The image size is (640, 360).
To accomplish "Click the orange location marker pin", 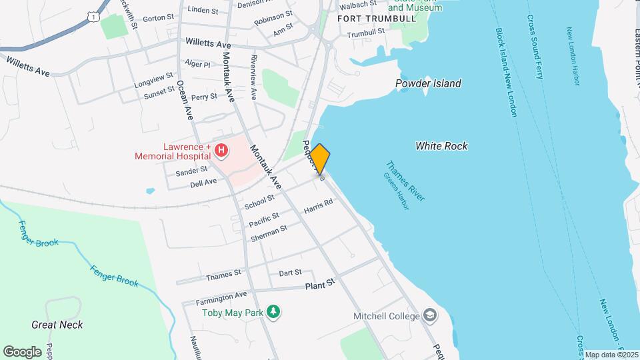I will (319, 159).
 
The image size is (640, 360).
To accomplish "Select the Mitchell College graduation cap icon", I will (430, 315).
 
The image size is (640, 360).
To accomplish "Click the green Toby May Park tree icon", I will (273, 311).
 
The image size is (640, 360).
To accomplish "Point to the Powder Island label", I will (428, 83).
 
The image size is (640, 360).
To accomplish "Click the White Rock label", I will (441, 146).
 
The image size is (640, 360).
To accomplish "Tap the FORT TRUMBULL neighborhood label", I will (369, 18).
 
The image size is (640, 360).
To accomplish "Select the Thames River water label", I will (405, 181).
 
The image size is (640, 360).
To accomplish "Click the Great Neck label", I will (57, 325).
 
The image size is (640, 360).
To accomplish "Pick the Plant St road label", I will (319, 285).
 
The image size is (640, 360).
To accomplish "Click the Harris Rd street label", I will (318, 209).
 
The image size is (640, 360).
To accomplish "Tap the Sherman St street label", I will (269, 233).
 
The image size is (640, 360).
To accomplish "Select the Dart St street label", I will (290, 273).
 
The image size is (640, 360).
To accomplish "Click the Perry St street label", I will (204, 97).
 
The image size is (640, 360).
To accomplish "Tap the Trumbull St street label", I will (366, 32).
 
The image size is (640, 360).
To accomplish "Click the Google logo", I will (22, 351).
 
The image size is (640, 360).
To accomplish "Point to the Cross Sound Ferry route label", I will (534, 47).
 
